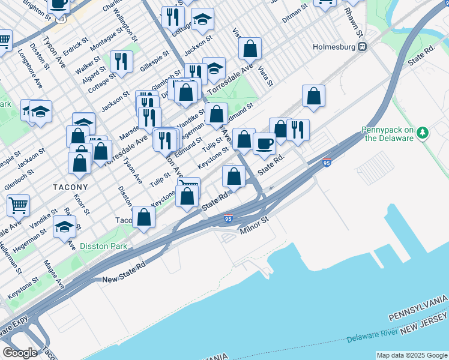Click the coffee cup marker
click(x=264, y=144)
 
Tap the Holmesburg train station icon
click(x=361, y=46)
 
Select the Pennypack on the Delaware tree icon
click(x=422, y=131)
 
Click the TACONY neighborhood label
click(x=70, y=187)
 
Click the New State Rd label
click(x=124, y=280)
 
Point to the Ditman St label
click(x=295, y=7)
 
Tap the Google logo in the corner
click(x=20, y=353)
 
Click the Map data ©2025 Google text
click(x=412, y=355)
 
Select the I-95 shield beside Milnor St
click(x=228, y=218)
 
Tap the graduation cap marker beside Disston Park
click(x=65, y=227)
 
